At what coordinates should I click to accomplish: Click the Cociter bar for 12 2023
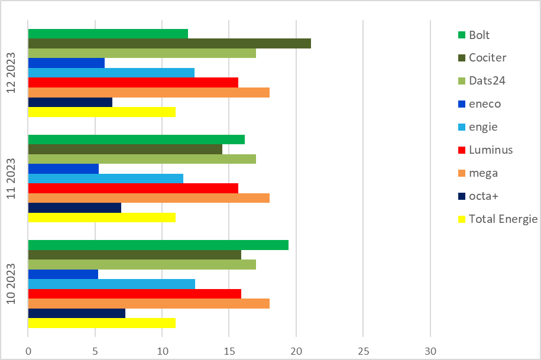(169, 43)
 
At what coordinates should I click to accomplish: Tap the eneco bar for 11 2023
(63, 168)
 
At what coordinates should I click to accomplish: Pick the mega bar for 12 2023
(148, 92)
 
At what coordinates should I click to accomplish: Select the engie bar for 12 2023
(111, 73)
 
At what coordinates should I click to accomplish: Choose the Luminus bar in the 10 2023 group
(134, 294)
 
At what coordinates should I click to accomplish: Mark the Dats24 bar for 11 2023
(142, 158)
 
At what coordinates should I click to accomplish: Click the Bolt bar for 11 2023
(136, 140)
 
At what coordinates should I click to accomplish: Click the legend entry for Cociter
(487, 57)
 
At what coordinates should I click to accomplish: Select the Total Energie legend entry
(503, 219)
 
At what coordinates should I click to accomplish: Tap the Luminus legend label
(490, 150)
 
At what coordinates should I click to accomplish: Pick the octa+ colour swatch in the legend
(461, 196)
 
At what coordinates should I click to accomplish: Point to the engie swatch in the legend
(461, 127)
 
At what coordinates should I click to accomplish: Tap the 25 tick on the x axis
(363, 351)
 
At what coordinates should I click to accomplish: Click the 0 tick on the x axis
(28, 351)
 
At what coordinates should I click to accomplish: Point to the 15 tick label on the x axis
(229, 351)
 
